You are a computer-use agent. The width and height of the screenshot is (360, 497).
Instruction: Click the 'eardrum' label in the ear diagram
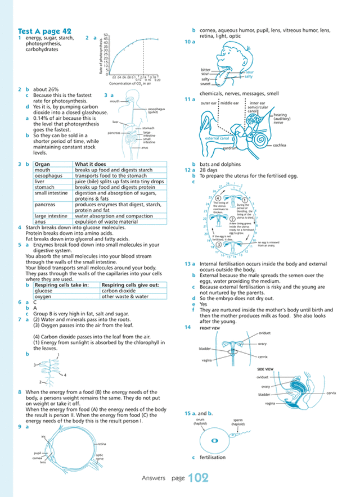230,148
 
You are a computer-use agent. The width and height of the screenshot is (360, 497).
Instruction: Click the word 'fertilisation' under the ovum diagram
213,458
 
